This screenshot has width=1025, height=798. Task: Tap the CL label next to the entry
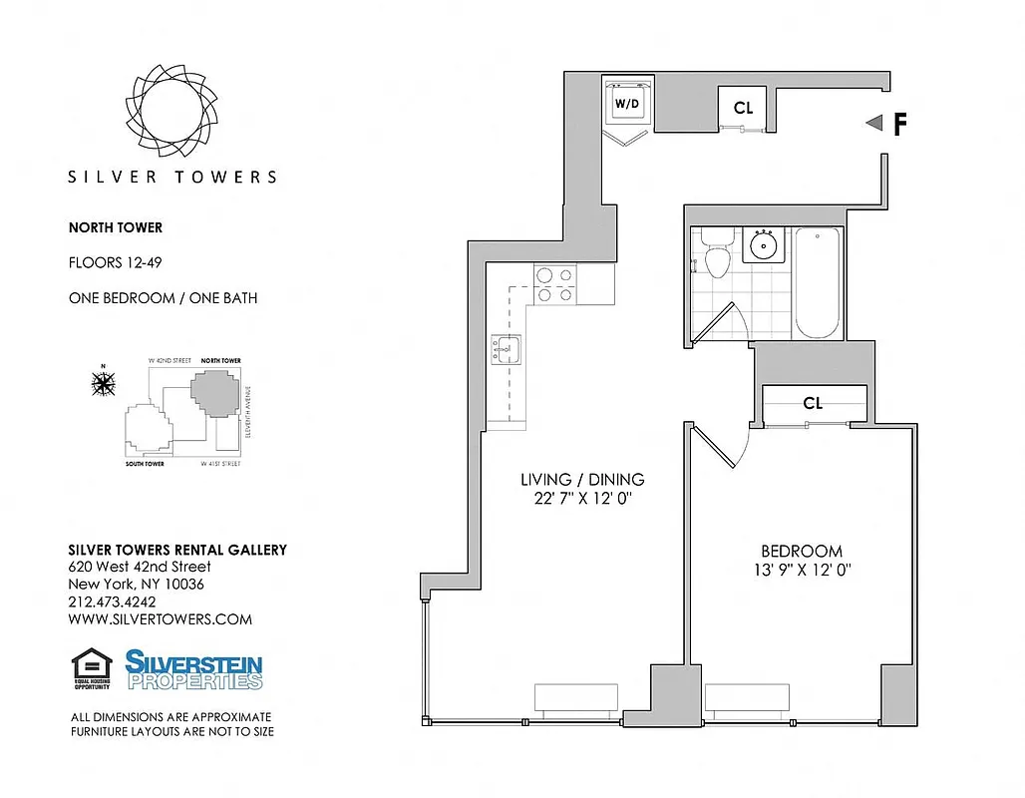click(x=743, y=108)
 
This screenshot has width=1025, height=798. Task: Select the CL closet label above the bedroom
click(x=813, y=403)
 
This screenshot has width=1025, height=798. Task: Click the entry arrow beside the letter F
click(x=874, y=123)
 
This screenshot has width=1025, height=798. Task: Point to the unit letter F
click(x=899, y=124)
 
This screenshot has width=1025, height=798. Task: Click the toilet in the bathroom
click(x=715, y=255)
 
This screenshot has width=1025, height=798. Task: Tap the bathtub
click(x=820, y=282)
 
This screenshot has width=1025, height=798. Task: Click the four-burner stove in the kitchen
click(x=553, y=283)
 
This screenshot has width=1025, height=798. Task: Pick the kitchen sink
click(x=505, y=350)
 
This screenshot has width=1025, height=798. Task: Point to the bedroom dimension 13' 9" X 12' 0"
click(x=802, y=571)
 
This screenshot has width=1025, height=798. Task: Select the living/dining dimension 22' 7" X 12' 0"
click(x=583, y=499)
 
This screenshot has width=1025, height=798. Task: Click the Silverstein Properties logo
click(x=193, y=669)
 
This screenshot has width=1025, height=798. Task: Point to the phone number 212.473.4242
click(x=112, y=601)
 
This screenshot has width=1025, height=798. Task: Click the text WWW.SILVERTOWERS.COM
click(x=160, y=619)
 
